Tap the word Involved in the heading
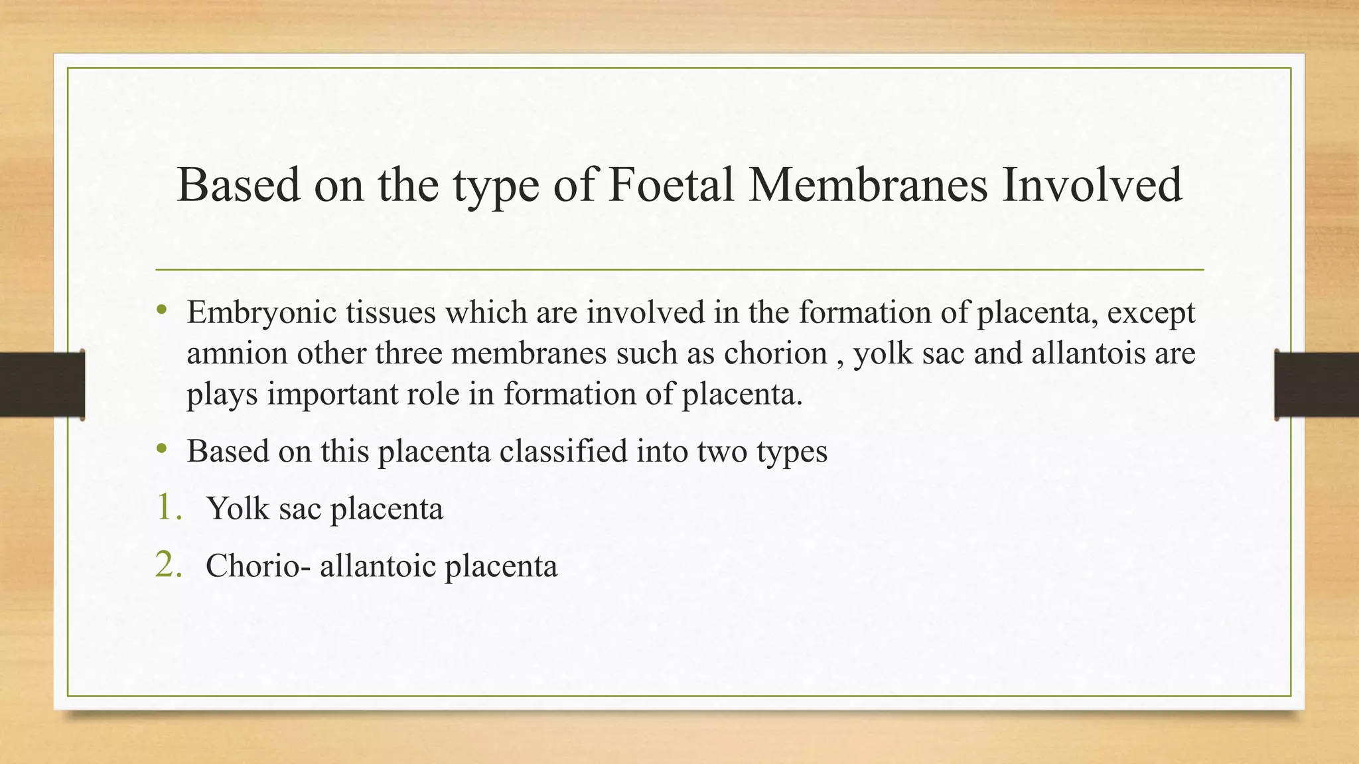pyautogui.click(x=1092, y=185)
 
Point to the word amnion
pyautogui.click(x=237, y=353)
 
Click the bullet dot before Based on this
pyautogui.click(x=162, y=449)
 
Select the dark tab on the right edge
pyautogui.click(x=1317, y=385)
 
